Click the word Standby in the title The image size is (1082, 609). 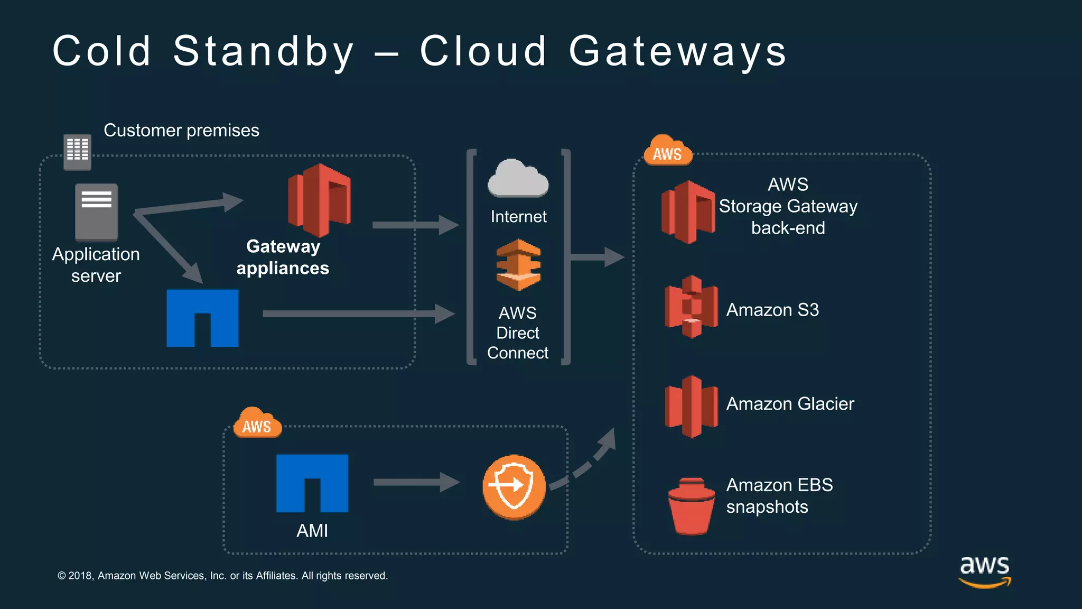click(x=263, y=52)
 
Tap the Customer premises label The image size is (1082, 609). click(x=181, y=130)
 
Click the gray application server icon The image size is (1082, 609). click(x=96, y=212)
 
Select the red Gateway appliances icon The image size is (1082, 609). click(x=319, y=200)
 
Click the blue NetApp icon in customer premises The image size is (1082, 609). click(x=202, y=318)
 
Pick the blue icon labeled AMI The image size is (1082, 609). click(x=312, y=483)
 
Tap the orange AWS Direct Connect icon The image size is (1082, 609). click(x=518, y=265)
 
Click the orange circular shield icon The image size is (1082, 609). click(x=514, y=486)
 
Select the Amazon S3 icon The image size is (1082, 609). click(x=691, y=307)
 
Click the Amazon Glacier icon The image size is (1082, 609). click(x=691, y=406)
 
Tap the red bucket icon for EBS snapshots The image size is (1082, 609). click(x=691, y=506)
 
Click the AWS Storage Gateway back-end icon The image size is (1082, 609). click(x=688, y=211)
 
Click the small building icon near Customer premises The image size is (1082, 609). click(x=77, y=152)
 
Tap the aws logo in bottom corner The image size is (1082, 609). click(x=984, y=571)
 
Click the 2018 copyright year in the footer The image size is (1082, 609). click(x=80, y=576)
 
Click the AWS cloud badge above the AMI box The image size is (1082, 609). click(x=257, y=423)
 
